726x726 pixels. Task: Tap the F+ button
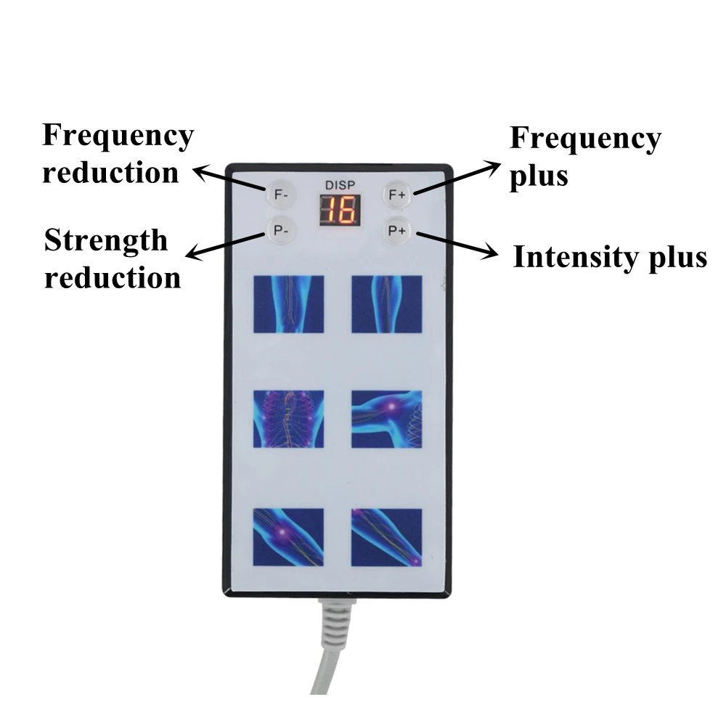click(397, 195)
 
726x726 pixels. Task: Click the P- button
click(280, 232)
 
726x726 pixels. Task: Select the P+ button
click(397, 232)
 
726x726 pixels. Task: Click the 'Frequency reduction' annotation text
click(117, 154)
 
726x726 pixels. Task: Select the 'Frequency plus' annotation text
click(584, 157)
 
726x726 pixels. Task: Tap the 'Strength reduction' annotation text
click(112, 258)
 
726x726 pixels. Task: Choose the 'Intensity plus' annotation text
click(609, 257)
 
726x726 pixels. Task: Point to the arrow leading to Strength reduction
click(226, 244)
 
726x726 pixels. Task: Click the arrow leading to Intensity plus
click(457, 244)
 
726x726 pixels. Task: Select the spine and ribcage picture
click(288, 419)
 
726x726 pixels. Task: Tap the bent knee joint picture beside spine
click(387, 419)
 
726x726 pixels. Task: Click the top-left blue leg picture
click(288, 303)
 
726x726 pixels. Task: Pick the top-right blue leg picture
click(387, 303)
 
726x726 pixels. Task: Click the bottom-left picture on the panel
click(288, 537)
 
